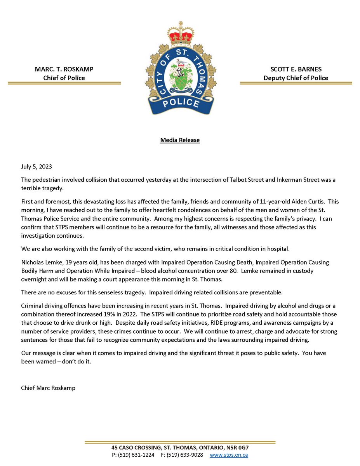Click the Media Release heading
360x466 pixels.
tap(180, 140)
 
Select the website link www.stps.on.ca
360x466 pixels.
tap(229, 455)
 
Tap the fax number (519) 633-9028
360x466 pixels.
tap(184, 455)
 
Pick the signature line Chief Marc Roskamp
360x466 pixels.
tap(48, 388)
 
